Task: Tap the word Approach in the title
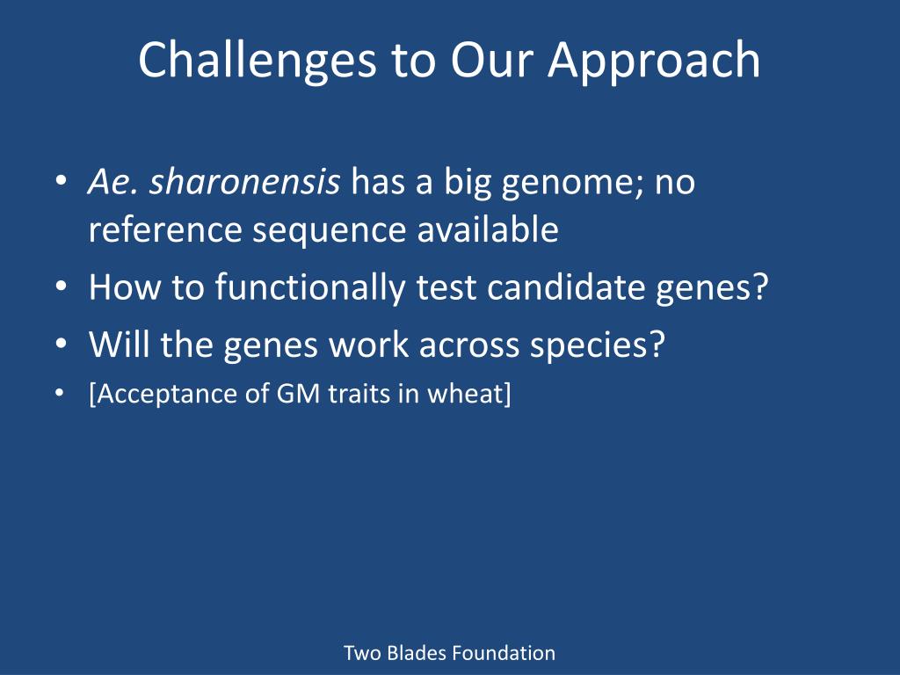tap(654, 62)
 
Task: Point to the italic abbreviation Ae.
tap(112, 182)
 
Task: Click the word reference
tap(165, 229)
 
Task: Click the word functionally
tap(310, 287)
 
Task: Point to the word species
tap(597, 345)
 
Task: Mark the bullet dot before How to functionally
tap(61, 286)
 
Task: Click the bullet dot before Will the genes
tap(61, 344)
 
